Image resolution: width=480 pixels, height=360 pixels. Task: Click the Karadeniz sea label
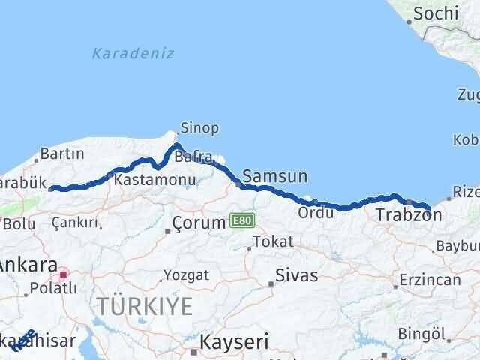(133, 53)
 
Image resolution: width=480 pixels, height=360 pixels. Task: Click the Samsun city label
(275, 177)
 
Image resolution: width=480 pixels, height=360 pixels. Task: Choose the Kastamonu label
(154, 180)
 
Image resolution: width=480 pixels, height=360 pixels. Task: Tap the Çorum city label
(199, 223)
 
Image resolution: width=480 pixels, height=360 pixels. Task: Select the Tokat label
(273, 241)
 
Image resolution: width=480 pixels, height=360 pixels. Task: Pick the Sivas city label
(297, 275)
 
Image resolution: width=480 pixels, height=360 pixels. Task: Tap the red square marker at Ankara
(64, 274)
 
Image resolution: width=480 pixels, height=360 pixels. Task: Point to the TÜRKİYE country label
(143, 305)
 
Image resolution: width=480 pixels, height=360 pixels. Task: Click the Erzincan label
(430, 280)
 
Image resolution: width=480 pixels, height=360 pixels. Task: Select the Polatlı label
(52, 288)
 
